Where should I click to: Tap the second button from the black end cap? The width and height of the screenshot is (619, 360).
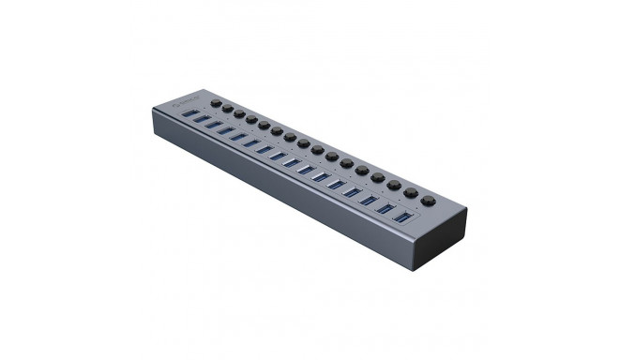[410, 192]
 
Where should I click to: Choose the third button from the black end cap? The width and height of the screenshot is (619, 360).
[392, 184]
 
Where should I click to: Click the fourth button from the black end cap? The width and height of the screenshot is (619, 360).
[376, 176]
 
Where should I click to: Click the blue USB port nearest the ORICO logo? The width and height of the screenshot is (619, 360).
[192, 113]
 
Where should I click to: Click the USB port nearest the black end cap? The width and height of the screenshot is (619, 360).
[402, 217]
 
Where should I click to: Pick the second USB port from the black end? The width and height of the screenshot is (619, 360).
[385, 209]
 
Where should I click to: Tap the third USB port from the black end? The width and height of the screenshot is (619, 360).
[368, 201]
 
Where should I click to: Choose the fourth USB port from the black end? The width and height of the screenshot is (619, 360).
[352, 192]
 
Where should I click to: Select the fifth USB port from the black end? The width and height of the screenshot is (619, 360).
[336, 184]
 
